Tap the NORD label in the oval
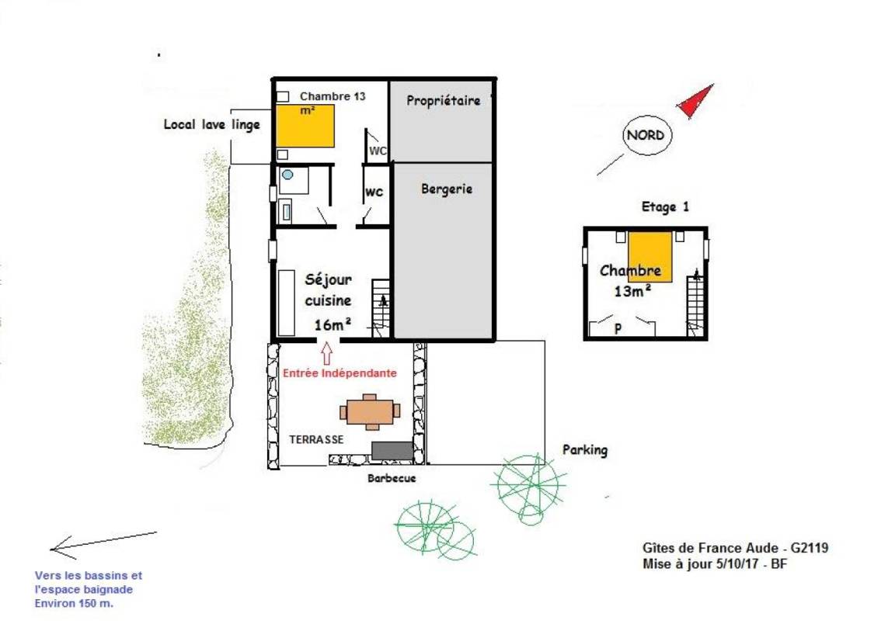(646, 136)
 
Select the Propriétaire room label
(443, 101)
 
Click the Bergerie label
(447, 189)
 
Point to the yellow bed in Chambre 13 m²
(305, 126)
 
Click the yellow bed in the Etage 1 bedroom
(649, 256)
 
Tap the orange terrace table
(370, 411)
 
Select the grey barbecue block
(392, 451)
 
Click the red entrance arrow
(326, 353)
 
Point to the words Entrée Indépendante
(340, 373)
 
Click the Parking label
(585, 450)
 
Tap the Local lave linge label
(212, 124)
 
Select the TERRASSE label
(316, 439)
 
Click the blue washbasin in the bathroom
(287, 175)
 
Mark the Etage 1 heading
(665, 207)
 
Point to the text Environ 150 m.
(74, 604)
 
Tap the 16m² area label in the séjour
(333, 324)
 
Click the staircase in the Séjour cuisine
(381, 309)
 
